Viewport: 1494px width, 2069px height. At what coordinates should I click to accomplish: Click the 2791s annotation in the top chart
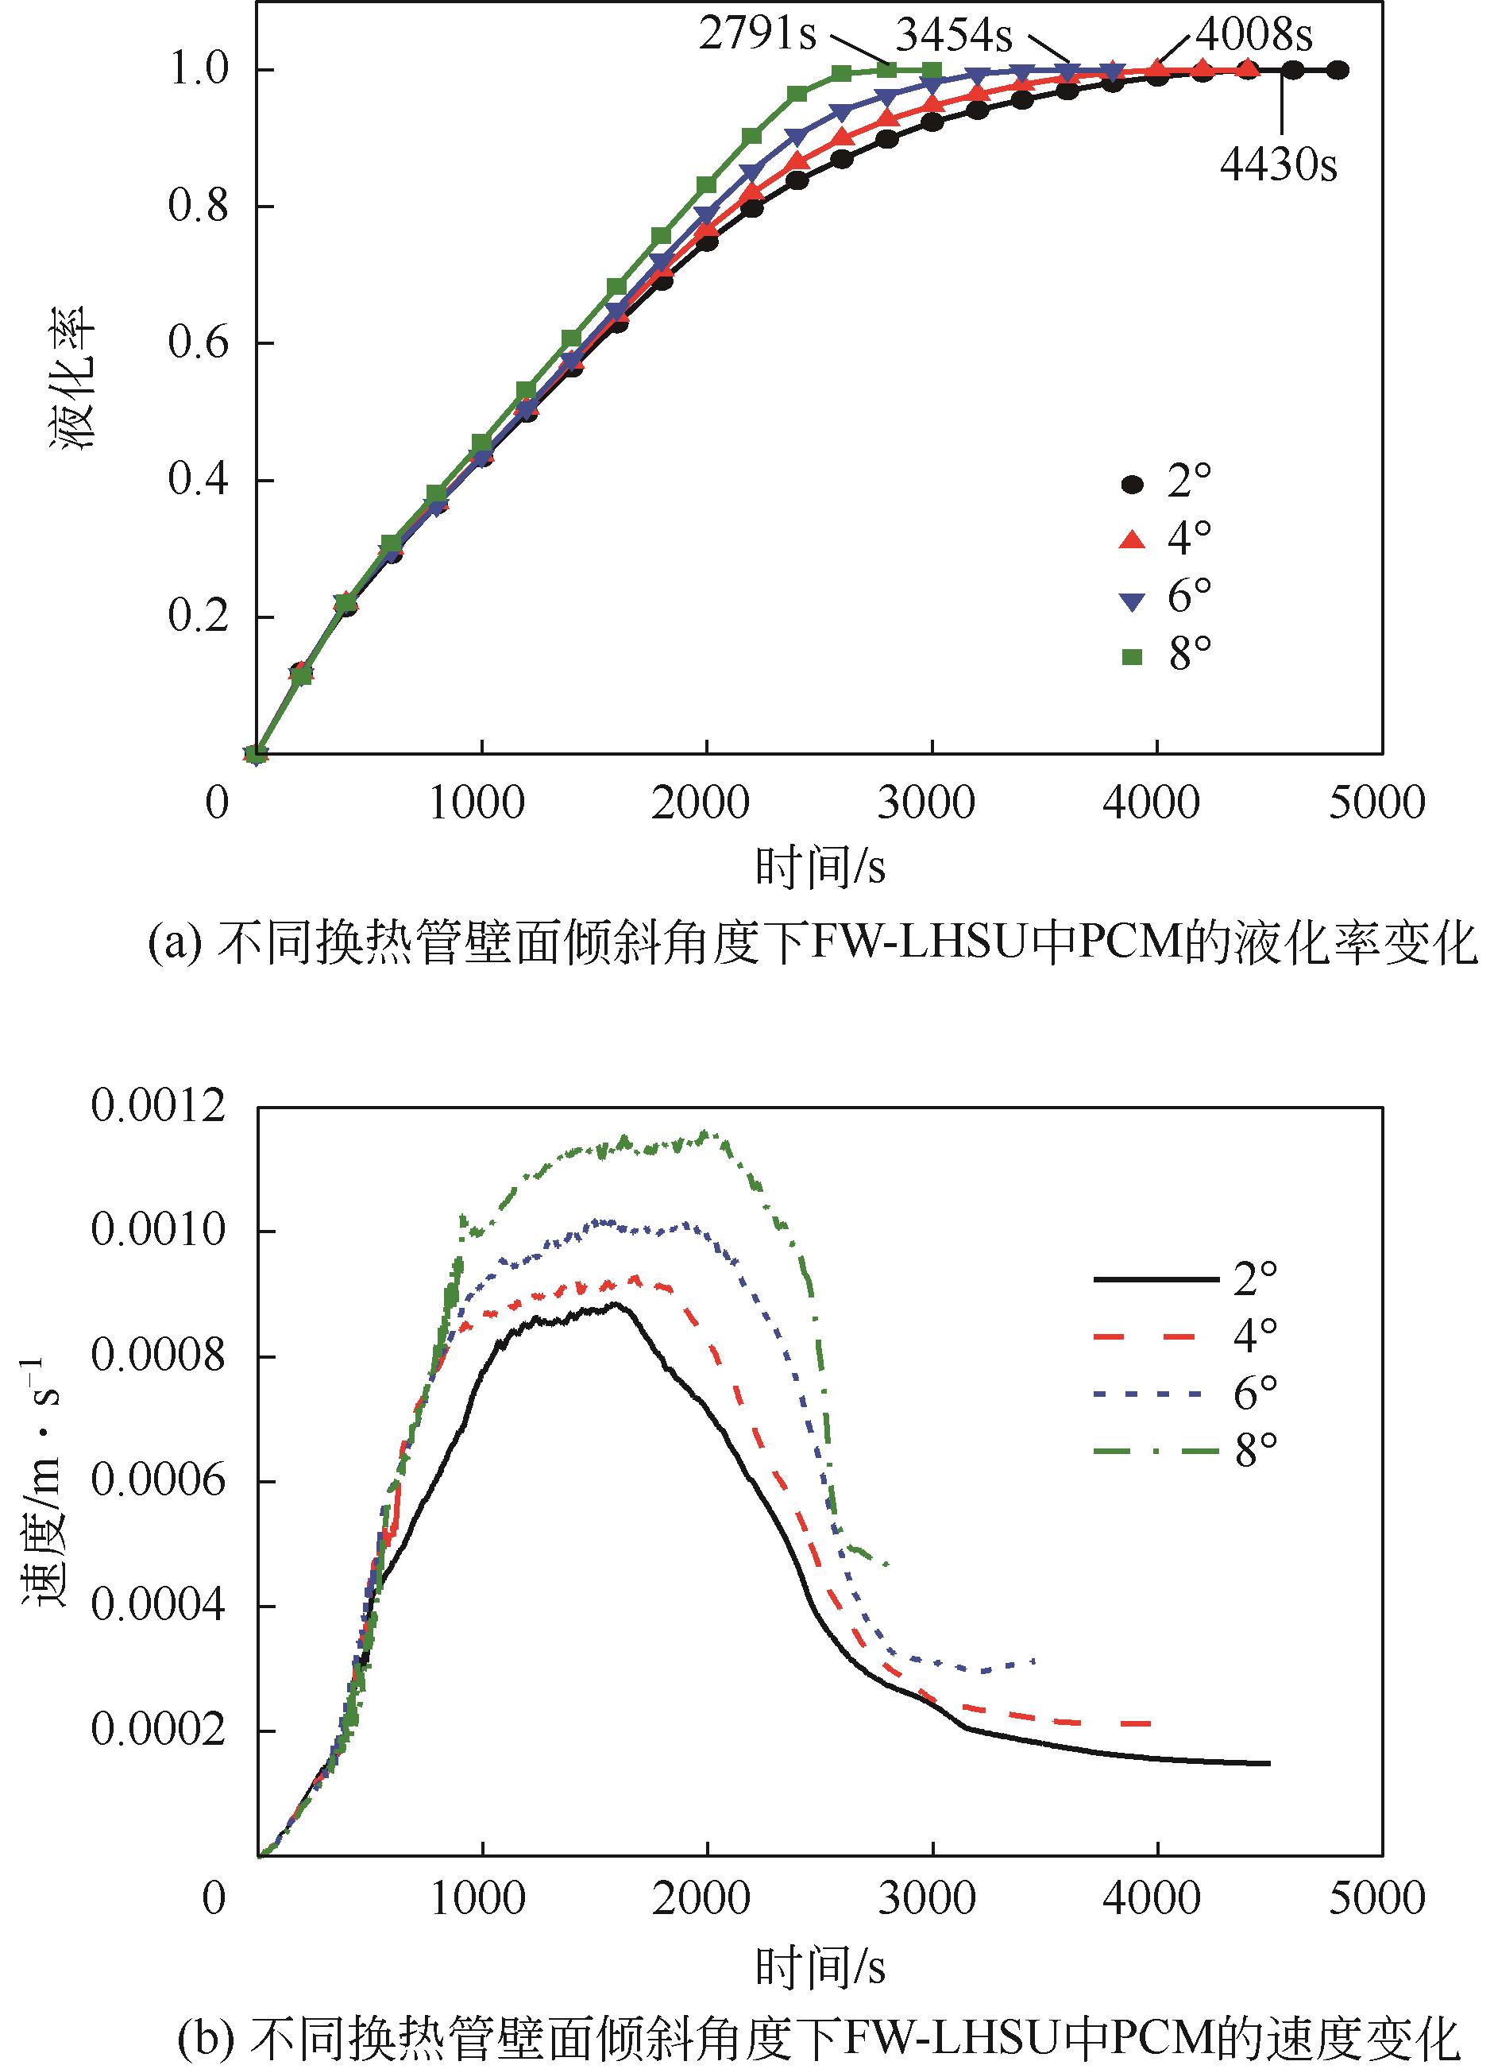756,35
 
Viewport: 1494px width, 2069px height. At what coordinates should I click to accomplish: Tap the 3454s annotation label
954,37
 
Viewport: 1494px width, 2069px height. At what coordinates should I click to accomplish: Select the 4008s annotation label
1254,35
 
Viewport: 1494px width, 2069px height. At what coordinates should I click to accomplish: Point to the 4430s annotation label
1279,165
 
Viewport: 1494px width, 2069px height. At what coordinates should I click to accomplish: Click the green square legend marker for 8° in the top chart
1132,655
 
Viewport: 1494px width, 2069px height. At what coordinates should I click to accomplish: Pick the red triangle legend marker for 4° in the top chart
1132,540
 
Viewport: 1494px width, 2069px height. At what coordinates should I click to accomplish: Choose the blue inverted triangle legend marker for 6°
1132,599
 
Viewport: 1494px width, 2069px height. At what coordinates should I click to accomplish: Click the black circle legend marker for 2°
1132,484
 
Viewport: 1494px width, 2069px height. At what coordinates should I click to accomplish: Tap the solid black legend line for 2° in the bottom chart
1156,1280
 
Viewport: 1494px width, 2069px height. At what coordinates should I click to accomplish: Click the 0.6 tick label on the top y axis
198,343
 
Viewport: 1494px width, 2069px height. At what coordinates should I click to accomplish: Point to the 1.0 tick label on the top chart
198,69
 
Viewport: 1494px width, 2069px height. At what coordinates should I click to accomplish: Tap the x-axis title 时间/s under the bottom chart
820,1963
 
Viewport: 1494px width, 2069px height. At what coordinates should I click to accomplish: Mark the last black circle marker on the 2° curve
1337,70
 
